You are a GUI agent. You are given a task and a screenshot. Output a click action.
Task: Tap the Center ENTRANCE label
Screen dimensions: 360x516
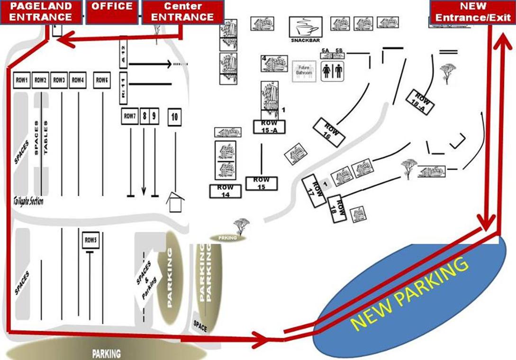pos(182,12)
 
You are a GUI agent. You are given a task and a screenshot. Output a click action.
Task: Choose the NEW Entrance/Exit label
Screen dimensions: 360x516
pos(472,12)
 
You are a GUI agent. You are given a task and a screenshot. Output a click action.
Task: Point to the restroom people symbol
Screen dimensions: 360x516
pos(332,71)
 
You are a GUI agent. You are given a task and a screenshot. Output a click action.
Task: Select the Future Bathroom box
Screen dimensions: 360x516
pos(304,71)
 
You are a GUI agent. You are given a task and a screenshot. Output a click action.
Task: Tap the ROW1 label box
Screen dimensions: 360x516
pos(22,81)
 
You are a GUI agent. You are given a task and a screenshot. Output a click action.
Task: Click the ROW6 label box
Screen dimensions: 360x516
pos(101,81)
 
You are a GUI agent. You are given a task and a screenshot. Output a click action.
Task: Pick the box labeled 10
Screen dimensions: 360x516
pos(174,117)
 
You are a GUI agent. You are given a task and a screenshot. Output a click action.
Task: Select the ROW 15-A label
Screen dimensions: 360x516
pos(269,126)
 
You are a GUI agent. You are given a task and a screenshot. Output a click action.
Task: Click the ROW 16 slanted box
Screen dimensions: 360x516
pos(329,131)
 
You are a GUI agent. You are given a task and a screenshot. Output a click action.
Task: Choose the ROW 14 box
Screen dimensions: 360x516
pos(226,191)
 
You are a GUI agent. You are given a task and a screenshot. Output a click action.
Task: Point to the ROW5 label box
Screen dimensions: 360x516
pos(91,240)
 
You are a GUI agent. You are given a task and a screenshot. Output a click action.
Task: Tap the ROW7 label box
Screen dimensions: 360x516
pos(129,116)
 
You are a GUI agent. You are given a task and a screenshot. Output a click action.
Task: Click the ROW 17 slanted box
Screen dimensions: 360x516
pos(315,189)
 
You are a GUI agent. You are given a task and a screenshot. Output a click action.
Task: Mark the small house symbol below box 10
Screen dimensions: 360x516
pos(174,204)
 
